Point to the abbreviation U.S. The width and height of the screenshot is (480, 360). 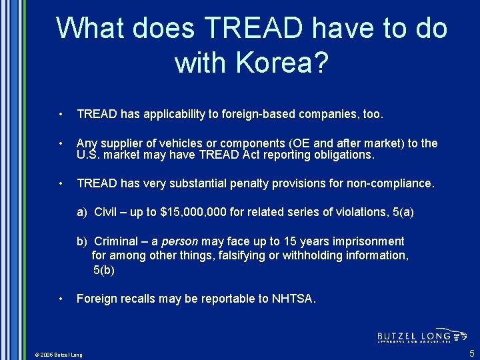pos(89,155)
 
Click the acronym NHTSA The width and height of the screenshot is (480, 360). pos(293,299)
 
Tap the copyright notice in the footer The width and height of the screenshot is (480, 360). pos(59,355)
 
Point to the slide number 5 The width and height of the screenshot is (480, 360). pos(471,353)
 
